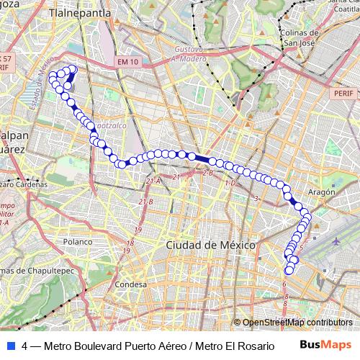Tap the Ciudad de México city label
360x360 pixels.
point(211,246)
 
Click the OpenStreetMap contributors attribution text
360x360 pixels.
point(297,323)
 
